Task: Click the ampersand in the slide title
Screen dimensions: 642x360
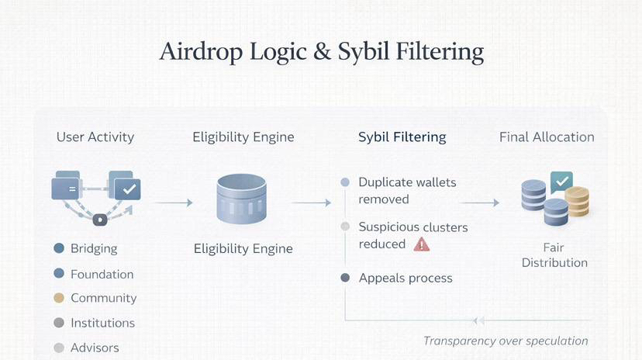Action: tap(322, 53)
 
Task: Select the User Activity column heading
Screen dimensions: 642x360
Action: tap(95, 137)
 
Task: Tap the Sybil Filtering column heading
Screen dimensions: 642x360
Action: tap(402, 137)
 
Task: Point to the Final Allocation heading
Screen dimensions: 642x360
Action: tap(547, 137)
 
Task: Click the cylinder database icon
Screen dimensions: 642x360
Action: tap(242, 199)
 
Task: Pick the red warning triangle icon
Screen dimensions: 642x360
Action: tap(421, 244)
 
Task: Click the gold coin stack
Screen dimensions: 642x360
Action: tap(578, 201)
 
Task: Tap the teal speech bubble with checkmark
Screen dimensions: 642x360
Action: tap(561, 182)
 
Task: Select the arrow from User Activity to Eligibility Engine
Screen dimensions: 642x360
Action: tap(174, 202)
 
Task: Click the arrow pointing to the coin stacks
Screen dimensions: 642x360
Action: tap(479, 202)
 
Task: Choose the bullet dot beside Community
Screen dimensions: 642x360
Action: tap(59, 298)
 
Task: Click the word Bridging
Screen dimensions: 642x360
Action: tap(94, 248)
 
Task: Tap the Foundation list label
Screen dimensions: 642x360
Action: tap(102, 274)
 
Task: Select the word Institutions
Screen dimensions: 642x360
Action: tap(102, 323)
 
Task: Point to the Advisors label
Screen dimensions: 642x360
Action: tap(95, 348)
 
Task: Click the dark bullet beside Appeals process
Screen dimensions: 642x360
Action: tap(345, 278)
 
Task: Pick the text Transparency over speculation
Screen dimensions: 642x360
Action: tap(506, 341)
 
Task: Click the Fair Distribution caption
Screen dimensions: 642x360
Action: tap(554, 254)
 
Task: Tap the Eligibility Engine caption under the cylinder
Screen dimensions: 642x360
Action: tap(243, 248)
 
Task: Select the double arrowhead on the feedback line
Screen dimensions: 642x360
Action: tap(478, 320)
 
